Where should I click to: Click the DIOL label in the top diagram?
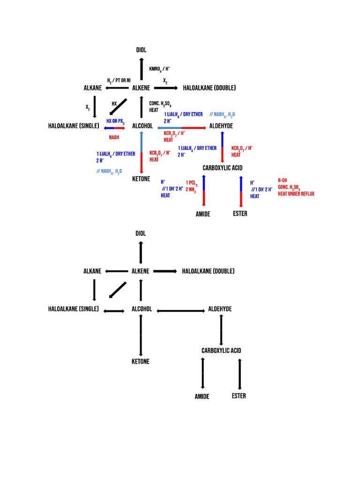click(141, 50)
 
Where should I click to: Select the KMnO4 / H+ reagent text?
click(159, 69)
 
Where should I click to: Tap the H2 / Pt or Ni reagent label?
click(119, 81)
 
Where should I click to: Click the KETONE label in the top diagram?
click(141, 179)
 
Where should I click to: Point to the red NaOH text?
click(114, 137)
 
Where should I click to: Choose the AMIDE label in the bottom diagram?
click(202, 397)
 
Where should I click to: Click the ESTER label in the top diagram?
click(240, 214)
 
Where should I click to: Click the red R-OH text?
click(282, 180)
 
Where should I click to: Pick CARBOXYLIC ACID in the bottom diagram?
click(222, 351)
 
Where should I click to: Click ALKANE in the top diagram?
click(93, 88)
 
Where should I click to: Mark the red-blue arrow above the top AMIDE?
click(204, 190)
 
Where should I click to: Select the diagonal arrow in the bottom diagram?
click(117, 290)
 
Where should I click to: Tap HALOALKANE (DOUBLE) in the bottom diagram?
click(208, 271)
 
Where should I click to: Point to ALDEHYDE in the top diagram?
click(221, 126)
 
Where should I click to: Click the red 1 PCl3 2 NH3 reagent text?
click(191, 186)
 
